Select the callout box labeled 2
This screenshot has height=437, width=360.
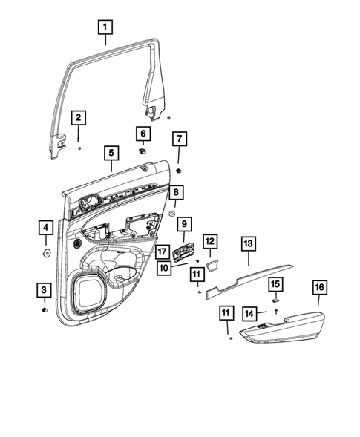(x=78, y=118)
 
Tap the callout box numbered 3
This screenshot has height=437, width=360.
(x=45, y=289)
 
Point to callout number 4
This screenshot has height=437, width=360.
(x=45, y=228)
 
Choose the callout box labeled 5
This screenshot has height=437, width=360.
(x=111, y=154)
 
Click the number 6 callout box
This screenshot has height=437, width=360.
(x=143, y=133)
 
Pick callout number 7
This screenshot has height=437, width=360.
(x=179, y=139)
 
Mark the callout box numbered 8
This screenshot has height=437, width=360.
(x=175, y=194)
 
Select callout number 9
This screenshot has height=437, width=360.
(x=183, y=223)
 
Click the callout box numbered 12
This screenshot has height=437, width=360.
(x=210, y=241)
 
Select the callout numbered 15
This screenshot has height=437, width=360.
(x=275, y=285)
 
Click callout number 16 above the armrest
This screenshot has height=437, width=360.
(x=320, y=288)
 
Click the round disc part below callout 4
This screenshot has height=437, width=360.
(x=45, y=252)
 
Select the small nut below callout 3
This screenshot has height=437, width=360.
(x=45, y=309)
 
